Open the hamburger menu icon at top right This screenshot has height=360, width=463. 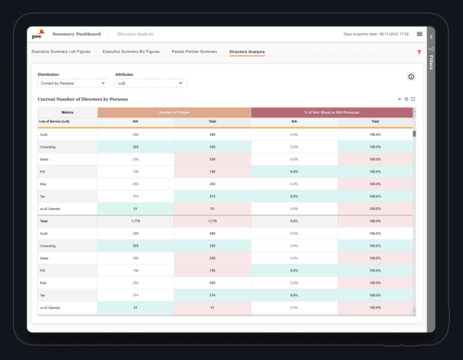[x=419, y=33]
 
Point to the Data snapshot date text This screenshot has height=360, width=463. [x=375, y=33]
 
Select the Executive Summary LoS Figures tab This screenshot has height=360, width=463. [x=63, y=52]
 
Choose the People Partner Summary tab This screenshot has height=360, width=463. [x=193, y=52]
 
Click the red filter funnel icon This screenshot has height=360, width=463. [x=419, y=52]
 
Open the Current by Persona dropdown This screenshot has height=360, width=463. [x=74, y=82]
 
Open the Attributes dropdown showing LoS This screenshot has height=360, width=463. [x=147, y=82]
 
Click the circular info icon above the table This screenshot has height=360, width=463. [x=410, y=77]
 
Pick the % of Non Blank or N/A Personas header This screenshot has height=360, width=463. [x=331, y=111]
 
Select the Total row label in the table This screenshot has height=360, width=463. [x=44, y=220]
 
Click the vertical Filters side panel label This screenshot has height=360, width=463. [x=432, y=65]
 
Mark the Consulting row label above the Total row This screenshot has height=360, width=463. [x=47, y=146]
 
